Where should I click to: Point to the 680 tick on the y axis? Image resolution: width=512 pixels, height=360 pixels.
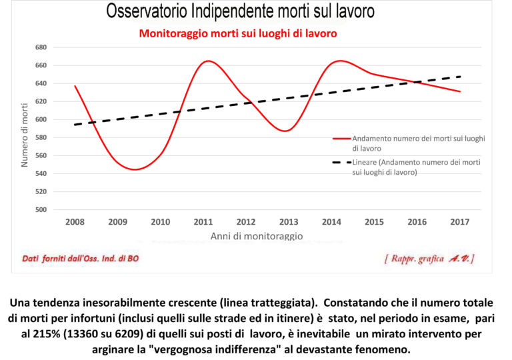39,47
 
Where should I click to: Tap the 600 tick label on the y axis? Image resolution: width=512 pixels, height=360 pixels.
39,119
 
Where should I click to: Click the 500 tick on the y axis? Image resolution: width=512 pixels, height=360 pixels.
39,209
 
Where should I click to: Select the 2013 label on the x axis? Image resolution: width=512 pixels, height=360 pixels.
288,222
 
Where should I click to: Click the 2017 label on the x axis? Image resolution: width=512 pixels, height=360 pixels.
461,222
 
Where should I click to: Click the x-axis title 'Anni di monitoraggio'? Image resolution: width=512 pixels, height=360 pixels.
257,236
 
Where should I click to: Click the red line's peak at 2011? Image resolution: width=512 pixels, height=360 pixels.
207,61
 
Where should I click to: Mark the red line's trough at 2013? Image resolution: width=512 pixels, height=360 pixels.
286,131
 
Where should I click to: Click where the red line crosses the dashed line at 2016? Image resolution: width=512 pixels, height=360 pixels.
416,83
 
